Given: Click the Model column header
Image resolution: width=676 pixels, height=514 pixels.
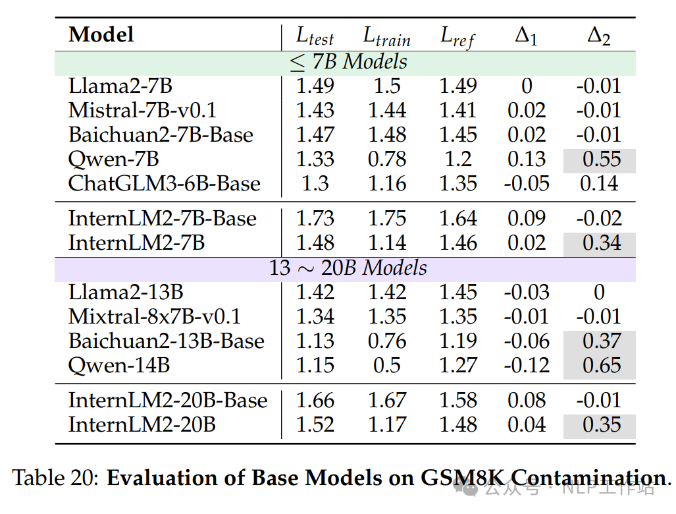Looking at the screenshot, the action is click(x=101, y=34).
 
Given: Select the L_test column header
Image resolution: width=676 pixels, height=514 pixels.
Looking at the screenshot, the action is click(x=315, y=36).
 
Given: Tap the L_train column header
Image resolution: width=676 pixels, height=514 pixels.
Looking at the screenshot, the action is click(x=387, y=36).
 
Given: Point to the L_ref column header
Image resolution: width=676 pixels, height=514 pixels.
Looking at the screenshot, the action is click(x=457, y=37).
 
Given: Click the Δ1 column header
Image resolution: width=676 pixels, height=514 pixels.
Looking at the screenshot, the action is click(x=527, y=36).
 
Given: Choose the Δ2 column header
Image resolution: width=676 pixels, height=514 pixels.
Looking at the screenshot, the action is click(x=599, y=36).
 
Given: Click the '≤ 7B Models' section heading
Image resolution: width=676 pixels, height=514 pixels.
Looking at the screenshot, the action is click(x=348, y=62).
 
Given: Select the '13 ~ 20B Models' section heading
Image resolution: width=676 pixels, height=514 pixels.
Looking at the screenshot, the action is click(x=348, y=268).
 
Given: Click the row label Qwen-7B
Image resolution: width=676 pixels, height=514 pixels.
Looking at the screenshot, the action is click(x=114, y=159).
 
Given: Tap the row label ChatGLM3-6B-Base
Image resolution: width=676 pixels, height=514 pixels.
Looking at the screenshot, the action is click(x=165, y=183).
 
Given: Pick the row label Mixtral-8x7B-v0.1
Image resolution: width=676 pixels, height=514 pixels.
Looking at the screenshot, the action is click(x=154, y=316).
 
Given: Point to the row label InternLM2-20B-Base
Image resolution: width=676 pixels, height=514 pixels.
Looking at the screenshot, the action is click(x=168, y=400).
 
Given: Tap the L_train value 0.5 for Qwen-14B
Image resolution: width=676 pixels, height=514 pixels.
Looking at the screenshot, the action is click(x=387, y=366).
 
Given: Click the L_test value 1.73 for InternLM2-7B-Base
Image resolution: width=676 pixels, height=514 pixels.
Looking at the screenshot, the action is click(x=315, y=218).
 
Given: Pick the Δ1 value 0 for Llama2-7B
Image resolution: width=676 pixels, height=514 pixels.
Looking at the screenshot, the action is click(x=527, y=86).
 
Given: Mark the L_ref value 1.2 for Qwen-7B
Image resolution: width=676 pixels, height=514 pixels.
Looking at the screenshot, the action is click(x=458, y=159).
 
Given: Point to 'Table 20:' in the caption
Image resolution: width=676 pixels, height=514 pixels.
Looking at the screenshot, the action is click(x=56, y=478).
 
